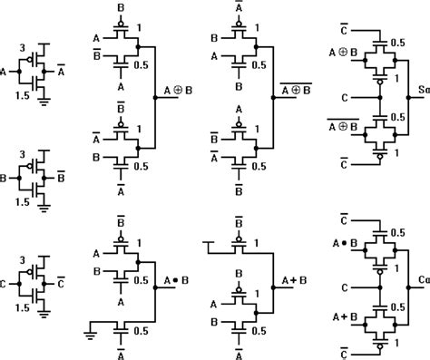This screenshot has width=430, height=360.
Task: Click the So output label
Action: coord(422,92)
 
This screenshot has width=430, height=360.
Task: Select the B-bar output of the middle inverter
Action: coord(59,179)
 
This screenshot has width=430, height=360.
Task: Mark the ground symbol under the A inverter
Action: coord(42,102)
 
